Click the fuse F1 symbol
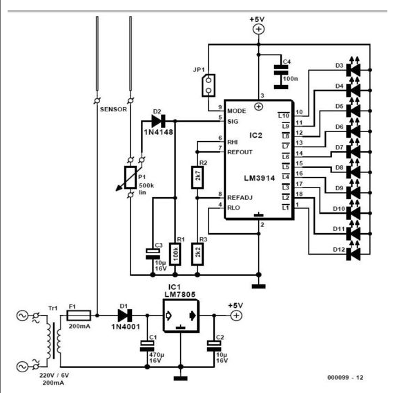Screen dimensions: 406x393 point(79,316)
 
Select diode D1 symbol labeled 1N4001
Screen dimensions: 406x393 point(125,316)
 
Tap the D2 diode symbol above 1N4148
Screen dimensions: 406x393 point(159,120)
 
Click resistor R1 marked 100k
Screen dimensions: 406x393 point(175,254)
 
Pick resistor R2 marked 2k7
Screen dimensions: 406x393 point(197,177)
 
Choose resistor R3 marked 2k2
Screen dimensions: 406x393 point(197,254)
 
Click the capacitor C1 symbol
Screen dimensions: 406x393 point(147,346)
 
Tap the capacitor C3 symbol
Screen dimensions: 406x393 point(153,254)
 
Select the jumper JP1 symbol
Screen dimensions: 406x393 point(209,85)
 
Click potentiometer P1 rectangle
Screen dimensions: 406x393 point(130,177)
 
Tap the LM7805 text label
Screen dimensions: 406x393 point(180,294)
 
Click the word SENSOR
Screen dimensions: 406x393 point(113,109)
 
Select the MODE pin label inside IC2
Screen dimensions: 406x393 point(237,111)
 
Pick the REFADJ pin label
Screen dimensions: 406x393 point(240,198)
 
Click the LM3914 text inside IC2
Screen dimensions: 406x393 point(260,178)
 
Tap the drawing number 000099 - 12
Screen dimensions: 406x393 point(345,378)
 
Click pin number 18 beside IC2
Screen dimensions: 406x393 point(299,194)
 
